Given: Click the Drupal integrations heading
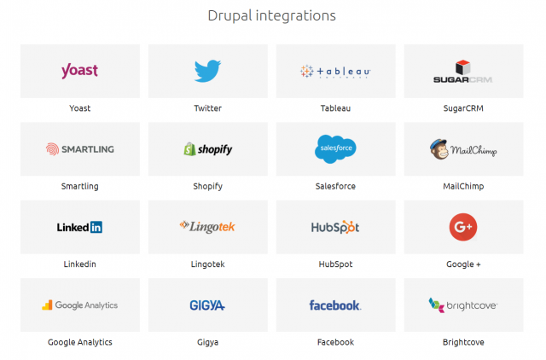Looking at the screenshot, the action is (271, 15).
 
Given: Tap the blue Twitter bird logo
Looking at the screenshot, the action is (207, 71).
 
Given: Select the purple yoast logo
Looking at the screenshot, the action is (79, 71).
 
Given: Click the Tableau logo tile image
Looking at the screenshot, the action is (334, 72).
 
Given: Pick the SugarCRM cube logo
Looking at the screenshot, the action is (464, 67).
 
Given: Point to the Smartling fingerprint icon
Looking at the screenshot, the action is (53, 148).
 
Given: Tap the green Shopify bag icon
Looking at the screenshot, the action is (189, 148).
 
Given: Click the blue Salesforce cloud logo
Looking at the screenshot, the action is (335, 148).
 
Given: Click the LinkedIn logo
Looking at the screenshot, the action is (79, 227).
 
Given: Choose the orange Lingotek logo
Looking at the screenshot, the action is (207, 226).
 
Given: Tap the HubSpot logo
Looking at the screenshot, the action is (335, 227).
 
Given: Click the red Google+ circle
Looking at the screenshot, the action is (463, 227).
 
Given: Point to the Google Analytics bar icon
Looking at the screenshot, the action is (48, 304).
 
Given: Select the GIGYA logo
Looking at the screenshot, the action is (207, 305).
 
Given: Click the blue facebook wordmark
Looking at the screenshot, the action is (335, 305).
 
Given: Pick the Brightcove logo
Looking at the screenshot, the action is (463, 305).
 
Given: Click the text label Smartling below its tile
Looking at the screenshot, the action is (79, 186).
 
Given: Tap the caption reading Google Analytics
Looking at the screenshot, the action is (79, 342).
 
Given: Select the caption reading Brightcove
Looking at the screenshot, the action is (463, 342).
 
